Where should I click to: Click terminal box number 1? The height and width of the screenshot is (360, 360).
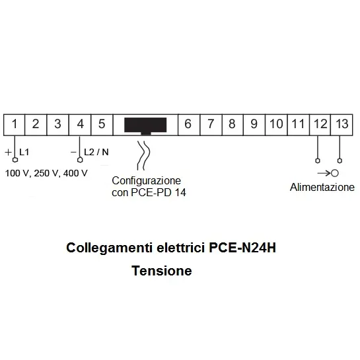point(15,125)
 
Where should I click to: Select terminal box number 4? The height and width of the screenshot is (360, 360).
point(80,125)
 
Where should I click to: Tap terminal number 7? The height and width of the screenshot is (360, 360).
point(211,125)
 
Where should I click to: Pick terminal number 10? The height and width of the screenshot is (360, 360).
point(276,125)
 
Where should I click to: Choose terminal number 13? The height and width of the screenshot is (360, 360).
point(342,125)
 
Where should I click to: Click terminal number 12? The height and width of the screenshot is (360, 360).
point(320,125)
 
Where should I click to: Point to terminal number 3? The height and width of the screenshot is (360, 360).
point(58,125)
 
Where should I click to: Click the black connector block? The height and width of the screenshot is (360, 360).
point(145,126)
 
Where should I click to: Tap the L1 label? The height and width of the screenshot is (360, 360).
point(24,152)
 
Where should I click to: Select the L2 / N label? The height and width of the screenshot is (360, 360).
point(96,152)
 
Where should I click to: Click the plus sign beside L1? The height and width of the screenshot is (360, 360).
point(8,152)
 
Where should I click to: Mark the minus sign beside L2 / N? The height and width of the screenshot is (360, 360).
point(73,152)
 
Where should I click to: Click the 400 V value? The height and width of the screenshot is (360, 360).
point(75,173)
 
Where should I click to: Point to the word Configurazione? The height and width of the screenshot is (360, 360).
point(146,181)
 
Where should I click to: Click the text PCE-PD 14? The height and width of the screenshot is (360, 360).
point(159,192)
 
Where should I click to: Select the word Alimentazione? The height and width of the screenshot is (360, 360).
point(322,188)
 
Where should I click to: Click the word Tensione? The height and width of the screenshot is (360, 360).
point(162,271)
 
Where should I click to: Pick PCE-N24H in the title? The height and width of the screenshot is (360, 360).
point(242,248)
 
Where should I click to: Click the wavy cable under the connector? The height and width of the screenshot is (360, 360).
point(143,155)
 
